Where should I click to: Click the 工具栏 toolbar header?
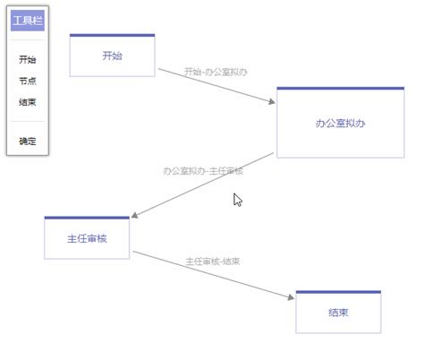27,20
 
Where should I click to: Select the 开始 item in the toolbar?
27,60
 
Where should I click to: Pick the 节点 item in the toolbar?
27,81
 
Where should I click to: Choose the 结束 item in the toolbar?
27,101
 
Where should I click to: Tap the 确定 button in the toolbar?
27,141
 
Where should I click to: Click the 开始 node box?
112,56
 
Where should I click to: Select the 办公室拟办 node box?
340,124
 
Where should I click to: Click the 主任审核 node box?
87,239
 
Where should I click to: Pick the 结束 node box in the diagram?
338,313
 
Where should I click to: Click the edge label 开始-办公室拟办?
216,72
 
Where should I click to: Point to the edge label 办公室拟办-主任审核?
203,170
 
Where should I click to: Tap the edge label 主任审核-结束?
212,261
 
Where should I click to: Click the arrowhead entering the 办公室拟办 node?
272,103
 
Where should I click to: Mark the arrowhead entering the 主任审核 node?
134,216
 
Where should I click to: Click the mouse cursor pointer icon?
237,199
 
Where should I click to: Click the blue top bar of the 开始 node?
112,36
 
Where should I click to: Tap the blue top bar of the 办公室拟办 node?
340,89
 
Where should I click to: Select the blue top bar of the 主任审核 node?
87,218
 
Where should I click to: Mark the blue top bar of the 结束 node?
338,292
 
